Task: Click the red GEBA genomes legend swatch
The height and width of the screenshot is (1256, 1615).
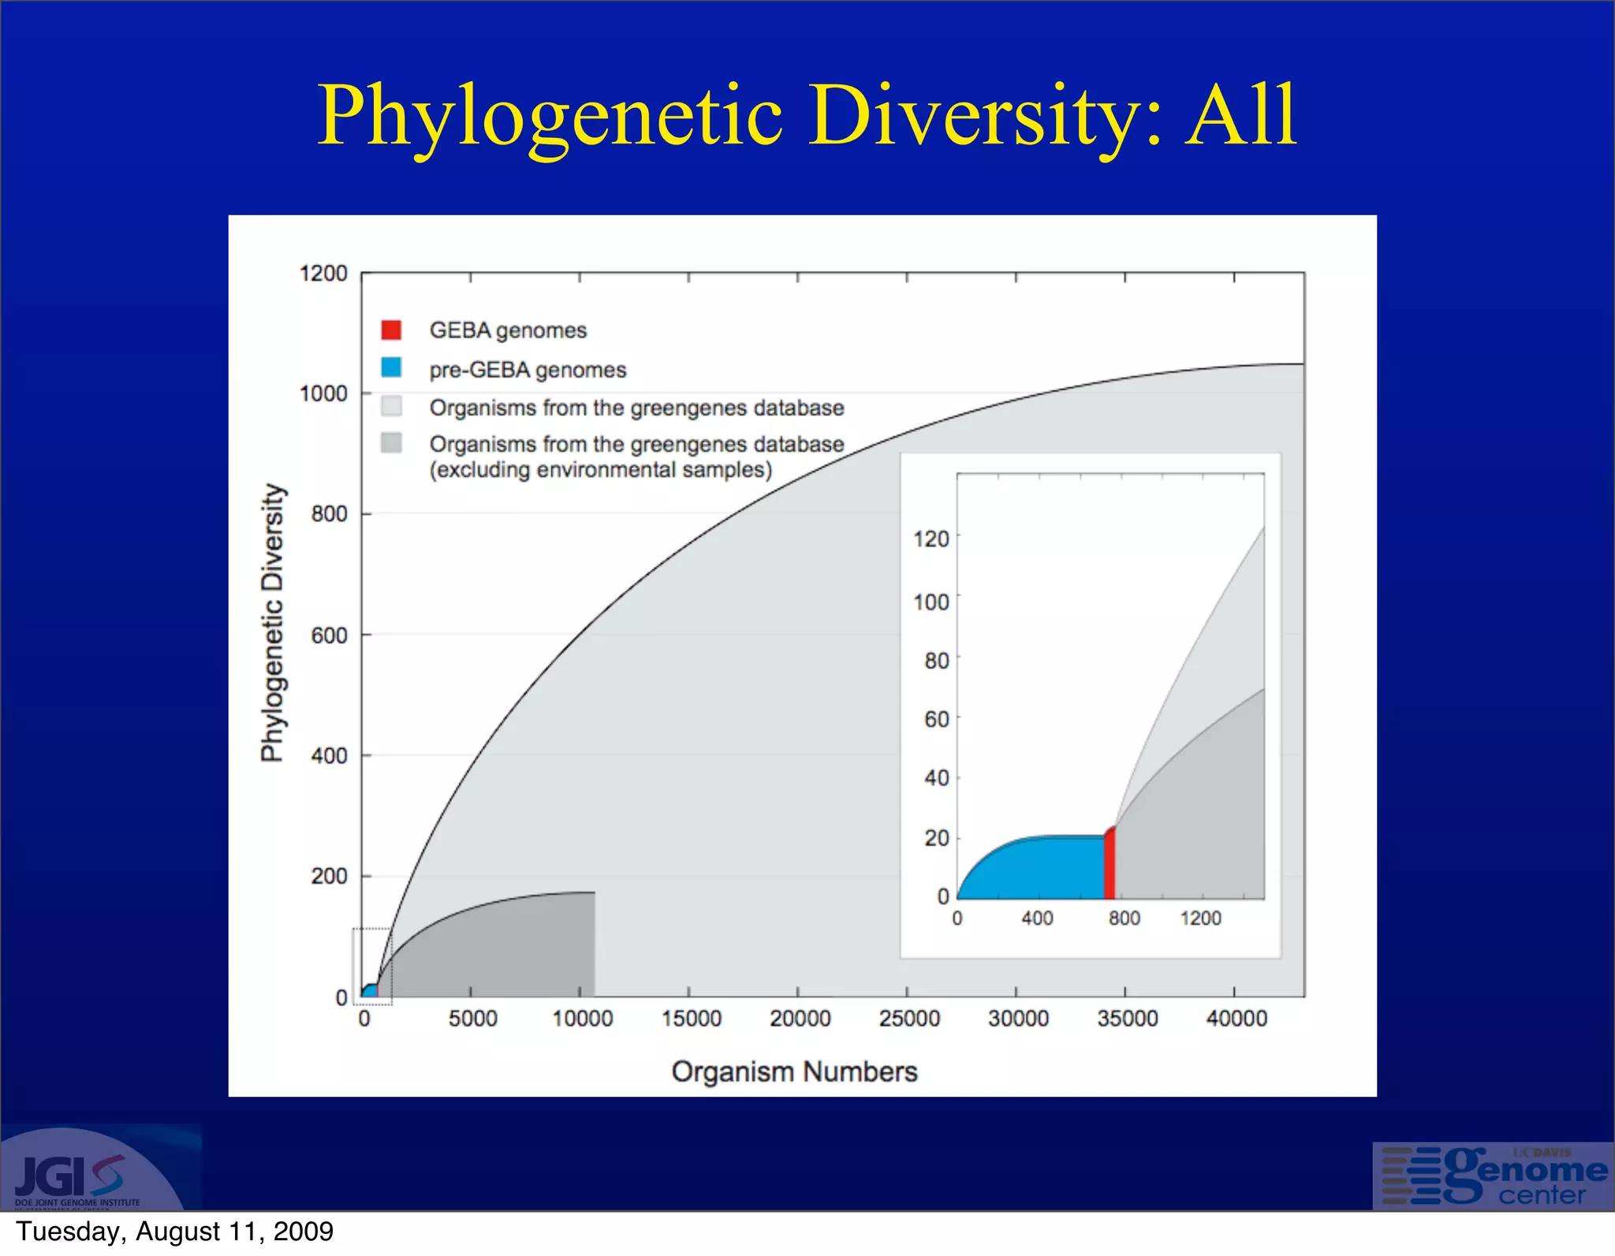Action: tap(391, 330)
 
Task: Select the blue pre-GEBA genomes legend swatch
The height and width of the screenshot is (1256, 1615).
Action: tap(391, 367)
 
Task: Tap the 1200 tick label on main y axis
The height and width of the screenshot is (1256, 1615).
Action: tap(323, 274)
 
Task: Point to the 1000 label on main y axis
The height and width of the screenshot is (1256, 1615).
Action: tap(323, 393)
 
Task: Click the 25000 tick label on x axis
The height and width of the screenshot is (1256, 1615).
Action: tap(909, 1019)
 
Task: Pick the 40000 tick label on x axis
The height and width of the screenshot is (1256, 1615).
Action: tap(1236, 1019)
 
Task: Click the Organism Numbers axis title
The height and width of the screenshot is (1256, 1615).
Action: tap(794, 1072)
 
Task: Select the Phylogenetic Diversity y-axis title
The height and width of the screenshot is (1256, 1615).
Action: tap(272, 623)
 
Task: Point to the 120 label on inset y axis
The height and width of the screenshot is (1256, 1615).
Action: tap(931, 539)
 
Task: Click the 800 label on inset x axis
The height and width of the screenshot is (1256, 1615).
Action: tap(1124, 919)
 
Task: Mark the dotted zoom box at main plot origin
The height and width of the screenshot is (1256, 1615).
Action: tap(372, 966)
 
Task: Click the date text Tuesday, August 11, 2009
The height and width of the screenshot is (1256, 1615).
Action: tap(174, 1232)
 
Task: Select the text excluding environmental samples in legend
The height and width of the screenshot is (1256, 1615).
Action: tap(601, 470)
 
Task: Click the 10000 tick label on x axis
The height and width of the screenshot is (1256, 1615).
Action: tap(582, 1019)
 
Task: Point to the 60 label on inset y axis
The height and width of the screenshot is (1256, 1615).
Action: tap(937, 719)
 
